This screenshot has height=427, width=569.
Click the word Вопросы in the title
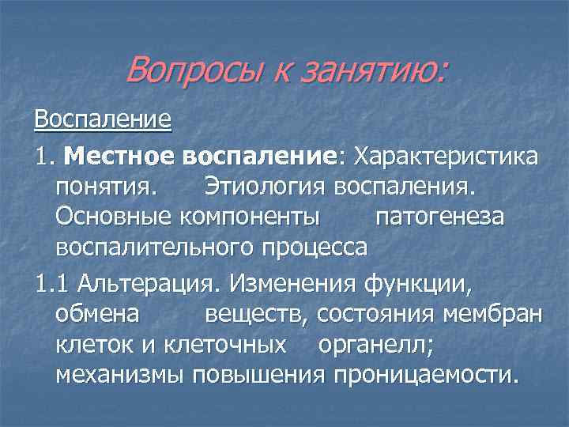[187, 72]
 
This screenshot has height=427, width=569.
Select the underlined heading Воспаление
[103, 120]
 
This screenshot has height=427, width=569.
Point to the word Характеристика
[447, 156]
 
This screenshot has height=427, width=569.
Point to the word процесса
[316, 248]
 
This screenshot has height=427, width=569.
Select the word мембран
[502, 314]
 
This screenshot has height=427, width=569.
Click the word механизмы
[120, 374]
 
